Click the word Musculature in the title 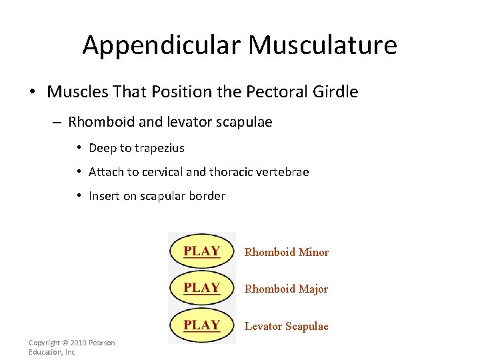323,45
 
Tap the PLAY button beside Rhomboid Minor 202,251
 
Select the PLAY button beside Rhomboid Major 202,288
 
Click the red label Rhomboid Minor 287,252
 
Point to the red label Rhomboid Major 286,289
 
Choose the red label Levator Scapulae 287,326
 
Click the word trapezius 159,148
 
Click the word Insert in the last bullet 103,196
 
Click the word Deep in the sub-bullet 102,148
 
